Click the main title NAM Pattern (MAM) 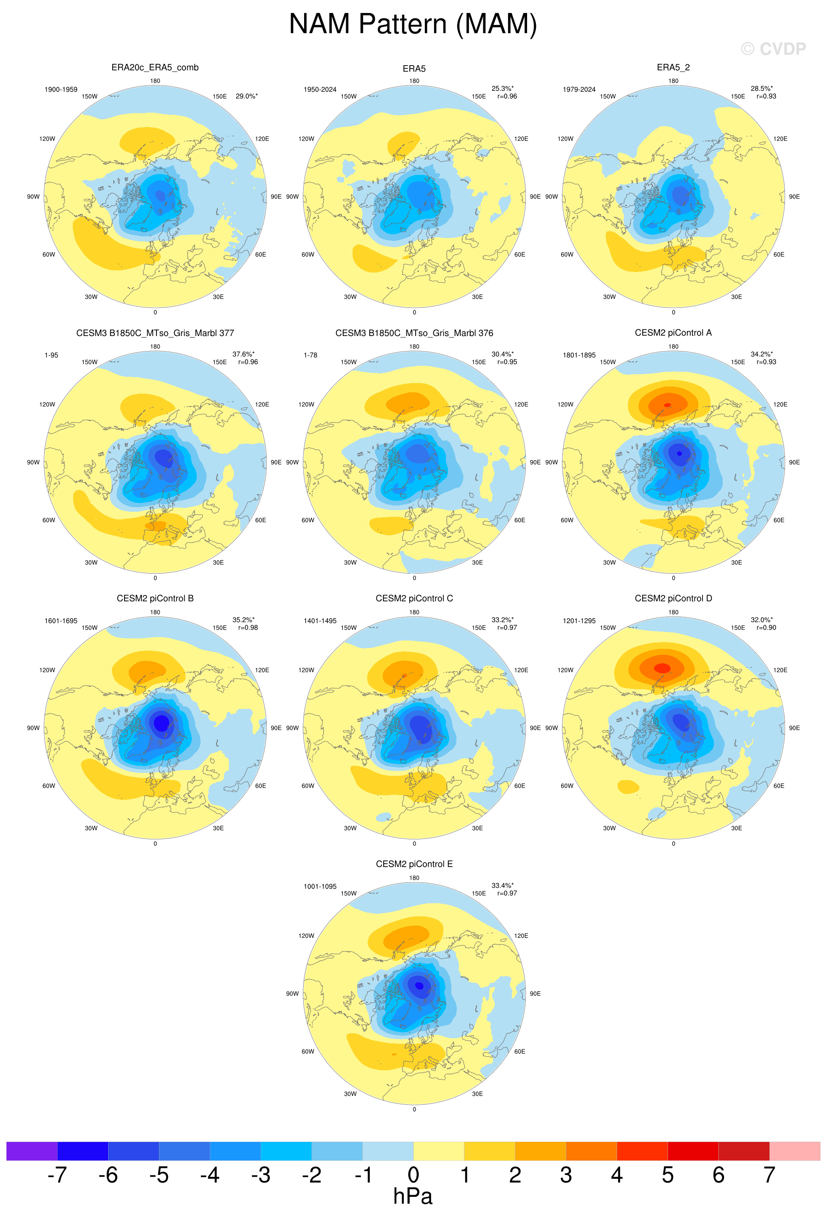point(413,24)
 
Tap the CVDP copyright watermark point(773,49)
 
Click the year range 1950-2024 point(320,90)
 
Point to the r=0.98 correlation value point(248,627)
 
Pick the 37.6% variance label point(244,354)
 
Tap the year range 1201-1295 point(579,621)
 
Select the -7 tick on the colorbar point(57,1175)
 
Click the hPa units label point(413,1196)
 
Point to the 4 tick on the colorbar point(616,1175)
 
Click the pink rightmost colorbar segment point(795,1151)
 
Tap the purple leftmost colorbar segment point(32,1151)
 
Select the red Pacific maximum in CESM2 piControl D point(662,668)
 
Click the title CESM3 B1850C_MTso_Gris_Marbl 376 point(414,333)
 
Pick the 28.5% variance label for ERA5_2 point(761,88)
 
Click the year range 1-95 point(51,355)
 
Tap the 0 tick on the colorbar point(413,1175)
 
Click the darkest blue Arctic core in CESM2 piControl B point(161,722)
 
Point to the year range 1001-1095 point(320,886)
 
